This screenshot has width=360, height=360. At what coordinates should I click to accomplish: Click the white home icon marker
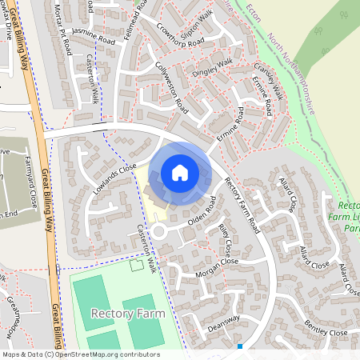(x=180, y=173)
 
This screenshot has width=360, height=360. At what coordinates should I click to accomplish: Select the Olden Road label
(x=202, y=210)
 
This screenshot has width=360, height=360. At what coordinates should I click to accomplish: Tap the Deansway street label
(x=223, y=318)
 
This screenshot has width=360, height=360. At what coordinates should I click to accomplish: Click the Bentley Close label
(x=326, y=330)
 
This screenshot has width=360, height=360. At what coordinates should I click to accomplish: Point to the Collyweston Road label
(x=170, y=87)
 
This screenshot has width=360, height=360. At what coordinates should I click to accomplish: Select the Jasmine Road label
(x=89, y=30)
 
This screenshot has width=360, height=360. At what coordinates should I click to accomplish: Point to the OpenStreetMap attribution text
(x=81, y=354)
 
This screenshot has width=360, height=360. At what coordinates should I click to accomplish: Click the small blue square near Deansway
(x=240, y=346)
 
